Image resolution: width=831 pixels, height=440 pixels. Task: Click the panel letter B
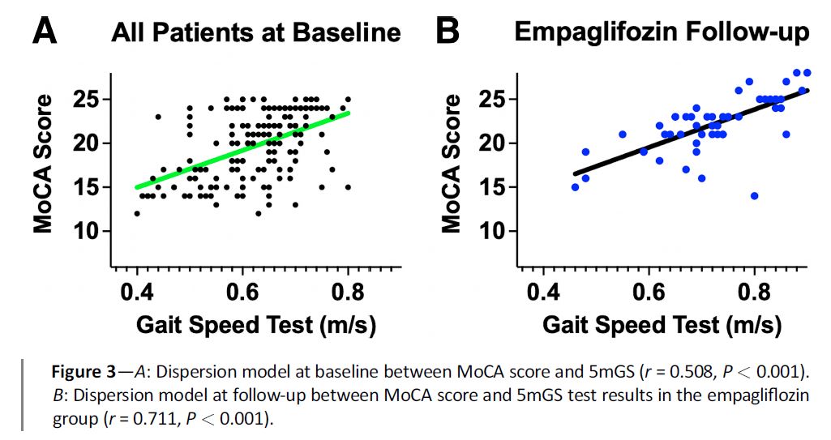(x=448, y=32)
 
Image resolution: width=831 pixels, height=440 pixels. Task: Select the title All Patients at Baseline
(x=256, y=32)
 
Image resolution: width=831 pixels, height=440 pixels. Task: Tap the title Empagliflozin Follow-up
(x=662, y=32)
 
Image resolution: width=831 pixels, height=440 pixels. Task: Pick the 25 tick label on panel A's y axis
(x=84, y=100)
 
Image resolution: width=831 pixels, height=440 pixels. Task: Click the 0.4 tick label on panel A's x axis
(x=136, y=291)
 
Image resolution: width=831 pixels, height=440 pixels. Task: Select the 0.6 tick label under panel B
(x=649, y=291)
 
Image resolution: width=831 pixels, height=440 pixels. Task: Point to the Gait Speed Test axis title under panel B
(x=662, y=325)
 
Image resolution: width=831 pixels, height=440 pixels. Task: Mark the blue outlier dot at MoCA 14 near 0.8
(x=754, y=195)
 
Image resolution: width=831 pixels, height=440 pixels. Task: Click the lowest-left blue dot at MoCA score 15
(x=575, y=187)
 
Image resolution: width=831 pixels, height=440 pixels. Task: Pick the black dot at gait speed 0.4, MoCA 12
(x=137, y=213)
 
